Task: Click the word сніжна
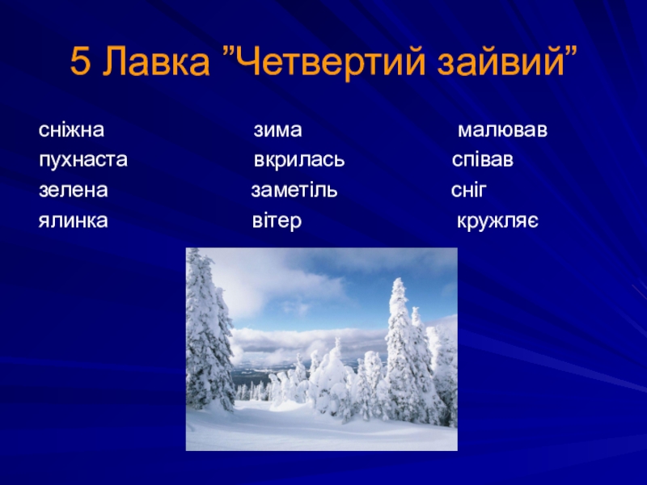tap(71, 130)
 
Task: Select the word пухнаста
tap(83, 160)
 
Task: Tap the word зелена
tap(74, 191)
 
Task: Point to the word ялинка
tap(73, 221)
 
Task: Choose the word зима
tap(277, 131)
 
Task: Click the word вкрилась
tap(298, 160)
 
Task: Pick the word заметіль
tap(294, 190)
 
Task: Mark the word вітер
tap(277, 221)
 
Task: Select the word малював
tap(502, 131)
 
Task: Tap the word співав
tap(482, 160)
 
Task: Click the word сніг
tap(469, 190)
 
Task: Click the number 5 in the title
tap(80, 62)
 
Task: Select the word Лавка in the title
tap(156, 62)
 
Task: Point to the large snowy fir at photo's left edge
tap(209, 330)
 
